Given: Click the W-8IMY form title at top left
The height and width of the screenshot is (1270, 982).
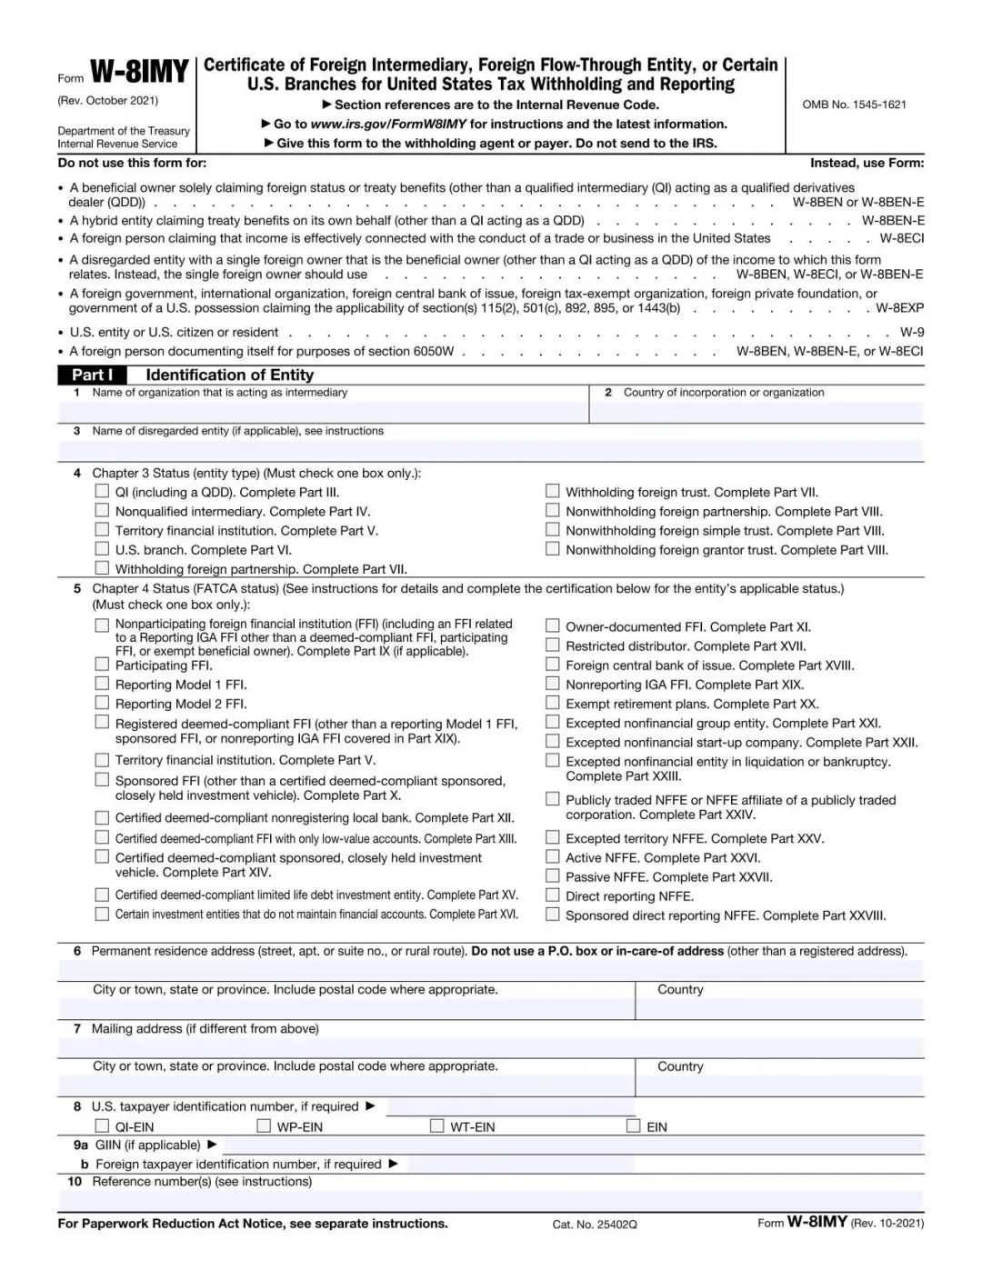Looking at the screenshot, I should coord(139,72).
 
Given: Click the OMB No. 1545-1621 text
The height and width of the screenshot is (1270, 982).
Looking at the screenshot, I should coord(854,105).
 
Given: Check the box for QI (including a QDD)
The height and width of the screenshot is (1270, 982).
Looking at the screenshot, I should coord(102,491).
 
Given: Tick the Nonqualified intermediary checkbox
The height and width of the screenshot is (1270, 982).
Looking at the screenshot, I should coord(102,511).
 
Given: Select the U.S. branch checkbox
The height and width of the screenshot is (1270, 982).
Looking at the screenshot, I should coord(102,549).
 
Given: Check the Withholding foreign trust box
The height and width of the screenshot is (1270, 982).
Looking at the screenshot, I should coord(552,491).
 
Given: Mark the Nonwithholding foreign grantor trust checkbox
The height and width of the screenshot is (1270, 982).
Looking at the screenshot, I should coord(552,549).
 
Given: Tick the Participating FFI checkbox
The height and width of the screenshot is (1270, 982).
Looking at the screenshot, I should coord(102,665).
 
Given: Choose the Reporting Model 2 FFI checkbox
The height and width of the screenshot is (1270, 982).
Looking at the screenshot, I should coord(102,703).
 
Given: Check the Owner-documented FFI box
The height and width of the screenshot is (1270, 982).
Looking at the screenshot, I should coord(552,625).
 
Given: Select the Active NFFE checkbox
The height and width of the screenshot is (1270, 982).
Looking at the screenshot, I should coord(552,856).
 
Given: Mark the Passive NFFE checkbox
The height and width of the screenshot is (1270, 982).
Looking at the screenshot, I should coord(552,875).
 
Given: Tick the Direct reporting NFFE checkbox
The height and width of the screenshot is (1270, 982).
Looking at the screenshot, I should coord(552,895).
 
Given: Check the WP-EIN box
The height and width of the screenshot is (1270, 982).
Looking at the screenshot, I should coord(264,1125).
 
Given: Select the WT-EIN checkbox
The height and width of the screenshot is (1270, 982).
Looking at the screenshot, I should coord(437,1125).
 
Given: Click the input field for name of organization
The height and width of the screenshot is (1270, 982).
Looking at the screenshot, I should coord(324,412).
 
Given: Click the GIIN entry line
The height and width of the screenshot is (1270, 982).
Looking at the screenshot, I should coord(573,1145).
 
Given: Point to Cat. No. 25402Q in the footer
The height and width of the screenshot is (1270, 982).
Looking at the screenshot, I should coord(595,1225).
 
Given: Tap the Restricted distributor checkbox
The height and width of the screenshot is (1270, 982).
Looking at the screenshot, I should coord(552,645).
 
